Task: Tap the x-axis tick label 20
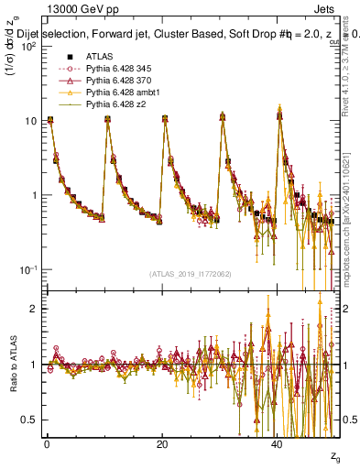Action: point(162,443)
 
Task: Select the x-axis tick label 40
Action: point(278,443)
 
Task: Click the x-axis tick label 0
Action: point(47,443)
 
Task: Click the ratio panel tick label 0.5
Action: point(29,420)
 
